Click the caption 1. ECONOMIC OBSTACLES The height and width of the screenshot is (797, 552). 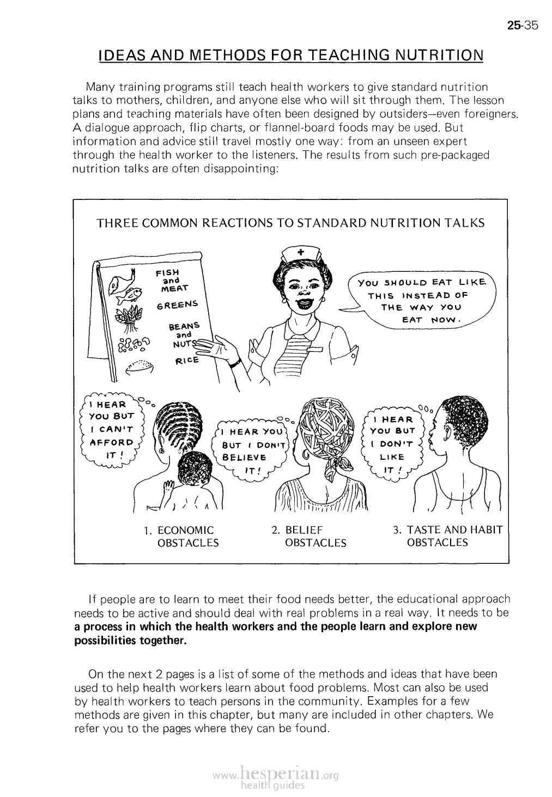181,537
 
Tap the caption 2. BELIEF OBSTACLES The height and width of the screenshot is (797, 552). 309,537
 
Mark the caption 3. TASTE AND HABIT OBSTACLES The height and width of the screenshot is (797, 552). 446,536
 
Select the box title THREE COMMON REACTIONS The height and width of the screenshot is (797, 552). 290,223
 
